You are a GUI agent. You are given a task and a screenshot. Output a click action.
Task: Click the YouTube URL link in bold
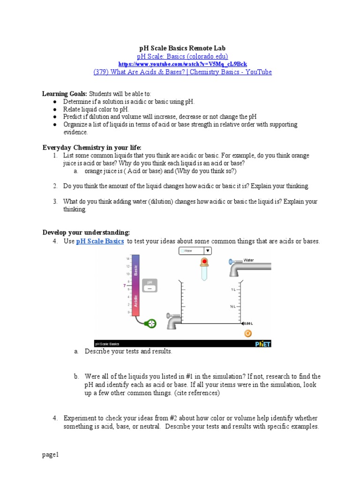click(x=182, y=64)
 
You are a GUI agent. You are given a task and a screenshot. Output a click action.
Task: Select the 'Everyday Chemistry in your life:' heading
click(x=92, y=147)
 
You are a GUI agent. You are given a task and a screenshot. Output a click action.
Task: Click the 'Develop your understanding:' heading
click(x=86, y=232)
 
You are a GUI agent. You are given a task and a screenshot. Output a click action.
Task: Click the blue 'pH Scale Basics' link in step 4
click(x=100, y=241)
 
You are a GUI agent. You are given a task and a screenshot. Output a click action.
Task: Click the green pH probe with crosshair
click(x=151, y=323)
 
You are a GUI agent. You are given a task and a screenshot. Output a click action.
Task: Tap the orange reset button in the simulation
click(x=248, y=333)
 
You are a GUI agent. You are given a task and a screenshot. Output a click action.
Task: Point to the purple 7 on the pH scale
click(x=125, y=285)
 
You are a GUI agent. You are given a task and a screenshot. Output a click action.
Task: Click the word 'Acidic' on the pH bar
click(x=136, y=300)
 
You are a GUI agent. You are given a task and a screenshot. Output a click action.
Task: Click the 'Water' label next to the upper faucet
click(x=249, y=260)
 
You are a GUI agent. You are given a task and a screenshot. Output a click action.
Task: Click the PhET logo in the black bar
click(x=262, y=344)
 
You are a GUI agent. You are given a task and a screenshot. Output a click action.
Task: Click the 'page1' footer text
click(x=50, y=454)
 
